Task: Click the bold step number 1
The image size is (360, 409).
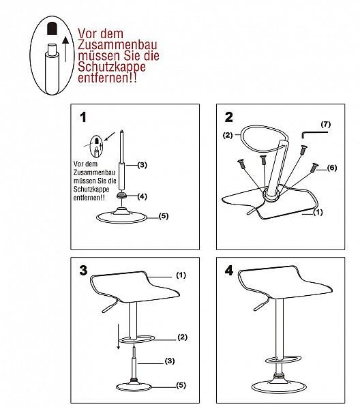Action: click(x=83, y=117)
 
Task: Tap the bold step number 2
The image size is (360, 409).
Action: click(x=229, y=117)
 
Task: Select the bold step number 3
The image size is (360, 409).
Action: click(x=83, y=271)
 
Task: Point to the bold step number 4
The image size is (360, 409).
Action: click(x=229, y=271)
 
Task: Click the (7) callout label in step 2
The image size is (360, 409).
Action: click(x=326, y=125)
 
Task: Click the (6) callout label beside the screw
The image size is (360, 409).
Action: click(x=332, y=168)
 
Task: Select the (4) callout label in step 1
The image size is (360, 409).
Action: click(x=142, y=196)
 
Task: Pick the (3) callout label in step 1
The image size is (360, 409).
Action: click(x=142, y=165)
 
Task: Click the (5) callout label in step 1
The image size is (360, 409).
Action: click(x=164, y=216)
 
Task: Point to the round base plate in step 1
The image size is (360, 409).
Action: click(x=121, y=216)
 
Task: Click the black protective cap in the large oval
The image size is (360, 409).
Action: click(x=52, y=29)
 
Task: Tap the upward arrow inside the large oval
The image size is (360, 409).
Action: click(x=65, y=49)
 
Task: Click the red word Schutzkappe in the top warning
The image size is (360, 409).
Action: click(x=112, y=67)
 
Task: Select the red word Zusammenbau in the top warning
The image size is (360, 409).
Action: click(x=118, y=44)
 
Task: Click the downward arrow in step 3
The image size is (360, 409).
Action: click(x=119, y=336)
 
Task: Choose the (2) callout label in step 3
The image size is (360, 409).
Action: click(x=182, y=337)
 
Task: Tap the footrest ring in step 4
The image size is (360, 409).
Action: click(x=284, y=359)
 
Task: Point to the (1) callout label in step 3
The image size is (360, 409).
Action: click(x=181, y=275)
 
